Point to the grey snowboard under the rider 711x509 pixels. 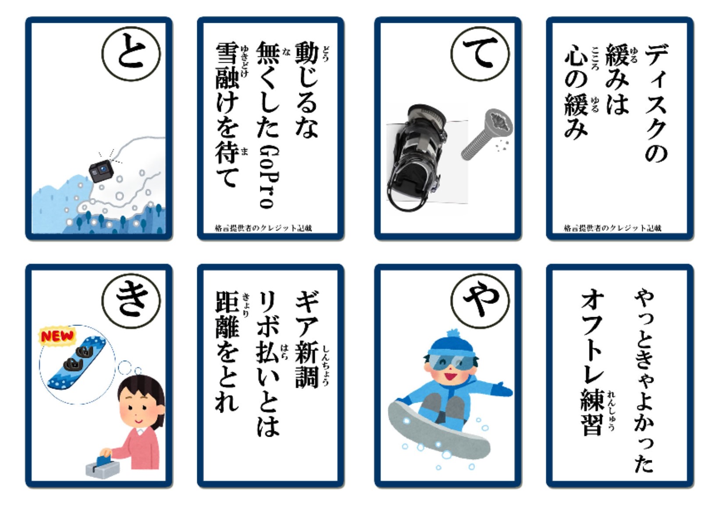point(438,431)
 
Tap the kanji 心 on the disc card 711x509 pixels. point(576,57)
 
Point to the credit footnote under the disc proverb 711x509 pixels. point(612,228)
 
